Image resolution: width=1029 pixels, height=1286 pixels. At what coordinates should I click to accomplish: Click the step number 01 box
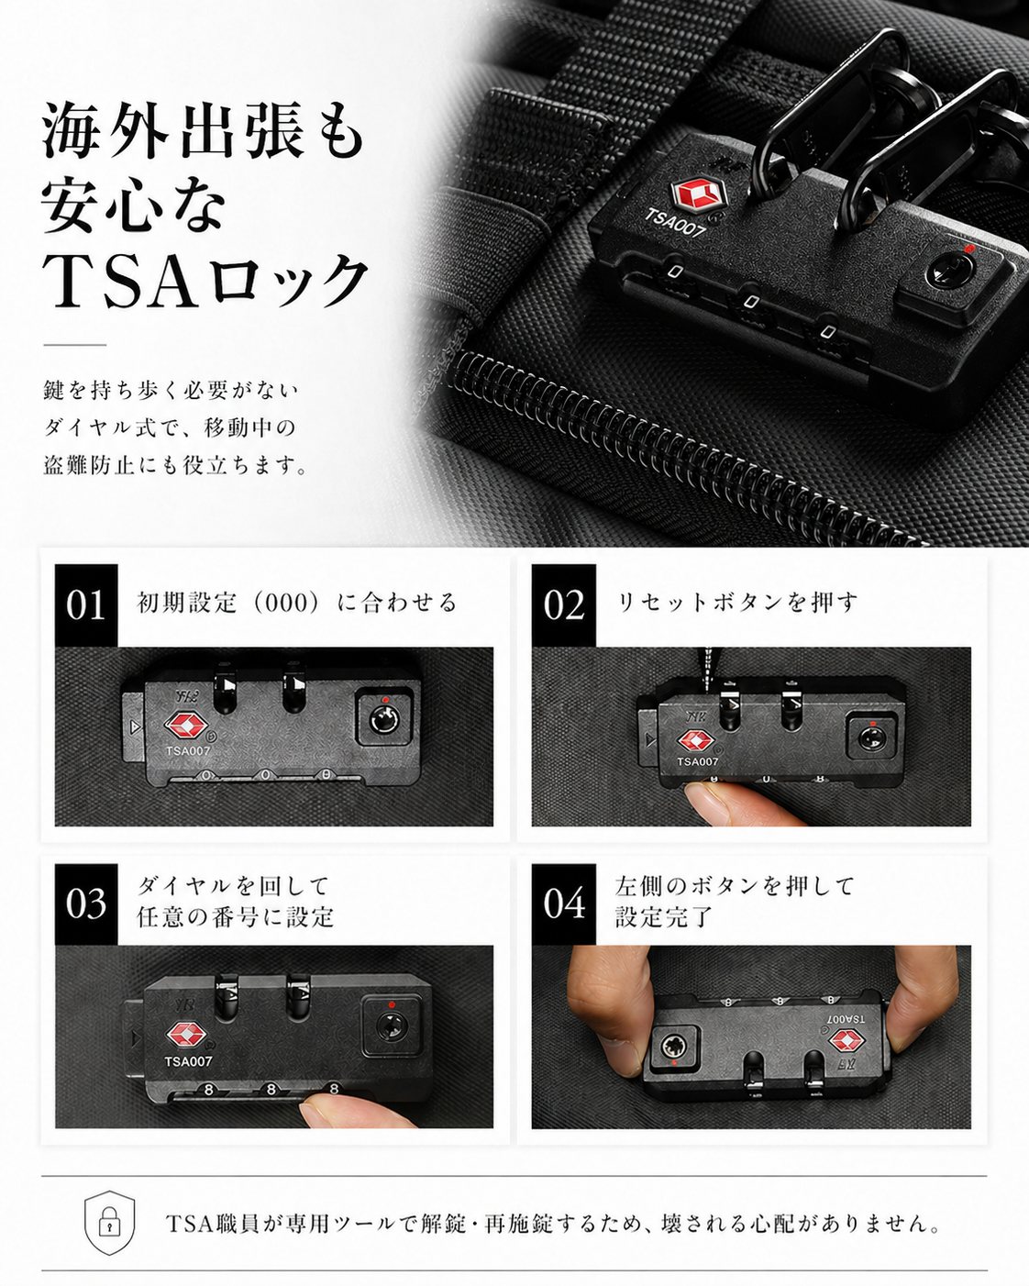tap(86, 605)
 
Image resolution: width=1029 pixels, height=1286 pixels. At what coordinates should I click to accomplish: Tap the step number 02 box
tap(563, 605)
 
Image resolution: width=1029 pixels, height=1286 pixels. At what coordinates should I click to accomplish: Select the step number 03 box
tap(86, 904)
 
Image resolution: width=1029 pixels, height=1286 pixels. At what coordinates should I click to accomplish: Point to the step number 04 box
tap(563, 904)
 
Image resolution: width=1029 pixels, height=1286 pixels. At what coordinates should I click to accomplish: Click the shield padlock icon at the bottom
tap(109, 1223)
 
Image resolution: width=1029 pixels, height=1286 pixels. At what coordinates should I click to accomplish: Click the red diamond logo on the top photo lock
tap(699, 194)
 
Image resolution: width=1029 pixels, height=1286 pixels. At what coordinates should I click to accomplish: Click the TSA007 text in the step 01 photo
tap(188, 751)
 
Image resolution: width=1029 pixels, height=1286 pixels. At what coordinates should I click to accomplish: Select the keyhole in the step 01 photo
tap(383, 716)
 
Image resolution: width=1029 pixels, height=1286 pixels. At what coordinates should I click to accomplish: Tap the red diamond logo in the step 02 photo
tap(695, 741)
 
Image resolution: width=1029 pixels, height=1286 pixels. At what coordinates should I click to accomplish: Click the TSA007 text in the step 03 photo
tap(188, 1061)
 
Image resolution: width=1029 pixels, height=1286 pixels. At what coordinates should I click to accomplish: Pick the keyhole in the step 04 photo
tap(674, 1046)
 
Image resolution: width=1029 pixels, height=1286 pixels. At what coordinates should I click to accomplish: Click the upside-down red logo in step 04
tap(847, 1041)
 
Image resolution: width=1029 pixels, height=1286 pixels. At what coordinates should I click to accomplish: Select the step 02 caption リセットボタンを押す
tap(737, 603)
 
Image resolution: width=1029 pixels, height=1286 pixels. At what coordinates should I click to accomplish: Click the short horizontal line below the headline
tap(75, 345)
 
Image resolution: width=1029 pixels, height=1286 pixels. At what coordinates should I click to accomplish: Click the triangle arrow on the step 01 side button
tap(134, 727)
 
